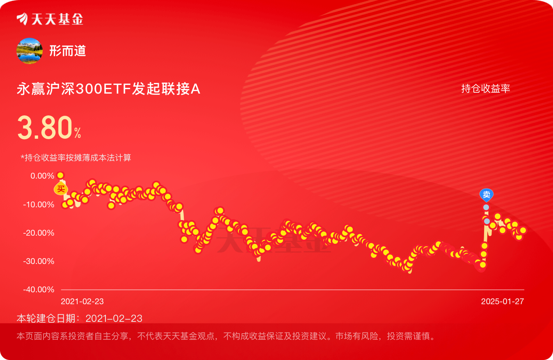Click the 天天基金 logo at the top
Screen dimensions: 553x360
pos(50,19)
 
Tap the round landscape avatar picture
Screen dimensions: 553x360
pos(30,51)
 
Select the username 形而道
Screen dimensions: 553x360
pos(68,51)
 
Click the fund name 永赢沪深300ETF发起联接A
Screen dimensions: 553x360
pos(108,89)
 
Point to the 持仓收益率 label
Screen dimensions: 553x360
pos(486,89)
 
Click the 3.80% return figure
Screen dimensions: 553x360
pos(49,128)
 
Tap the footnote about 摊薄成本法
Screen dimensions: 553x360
pos(76,158)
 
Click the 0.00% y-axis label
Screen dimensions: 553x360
pos(42,176)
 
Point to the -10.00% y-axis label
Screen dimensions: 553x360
pos(39,204)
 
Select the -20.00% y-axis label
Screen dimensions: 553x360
pos(39,233)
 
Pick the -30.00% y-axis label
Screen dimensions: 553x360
pos(39,261)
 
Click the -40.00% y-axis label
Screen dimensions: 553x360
pos(39,289)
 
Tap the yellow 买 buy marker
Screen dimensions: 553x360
pos(61,189)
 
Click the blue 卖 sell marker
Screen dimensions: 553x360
pos(487,195)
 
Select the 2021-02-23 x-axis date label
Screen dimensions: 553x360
pos(82,301)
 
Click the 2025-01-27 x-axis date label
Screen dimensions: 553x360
pos(503,301)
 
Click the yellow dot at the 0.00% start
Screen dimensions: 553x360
pos(60,175)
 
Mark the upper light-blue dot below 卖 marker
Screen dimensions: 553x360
pos(486,207)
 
